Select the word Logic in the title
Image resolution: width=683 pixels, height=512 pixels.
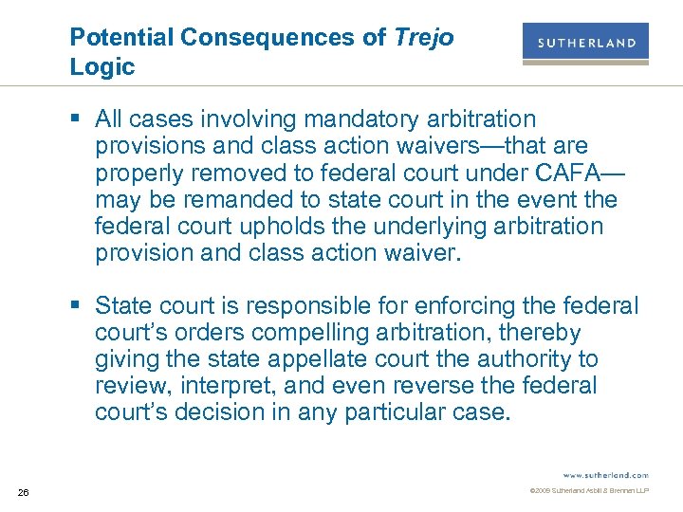[102, 67]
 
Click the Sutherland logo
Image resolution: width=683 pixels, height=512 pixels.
[585, 44]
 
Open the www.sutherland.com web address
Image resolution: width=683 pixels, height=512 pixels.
[606, 474]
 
